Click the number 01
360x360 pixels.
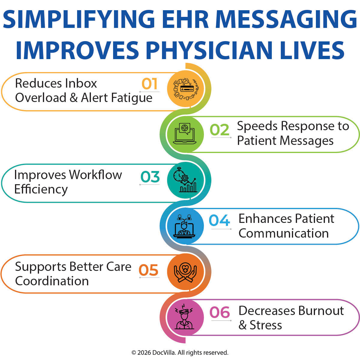(149, 84)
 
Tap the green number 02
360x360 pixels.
(220, 130)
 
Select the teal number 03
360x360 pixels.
(150, 177)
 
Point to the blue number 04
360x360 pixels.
(219, 221)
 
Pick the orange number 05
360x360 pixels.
(148, 270)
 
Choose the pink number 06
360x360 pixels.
(220, 313)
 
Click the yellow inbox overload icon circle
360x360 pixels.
(185, 88)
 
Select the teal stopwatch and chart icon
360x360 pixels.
(185, 180)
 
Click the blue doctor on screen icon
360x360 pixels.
(185, 226)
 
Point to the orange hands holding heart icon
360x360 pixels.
(185, 272)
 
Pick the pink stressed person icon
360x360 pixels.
(185, 318)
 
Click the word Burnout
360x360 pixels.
(321, 311)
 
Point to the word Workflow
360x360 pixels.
(95, 175)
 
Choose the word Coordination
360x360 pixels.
(52, 281)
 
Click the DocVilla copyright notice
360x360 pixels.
(180, 352)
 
